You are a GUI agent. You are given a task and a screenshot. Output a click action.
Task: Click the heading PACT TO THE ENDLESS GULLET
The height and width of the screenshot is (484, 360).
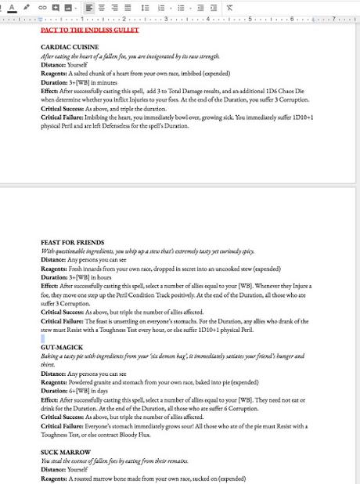[89, 31]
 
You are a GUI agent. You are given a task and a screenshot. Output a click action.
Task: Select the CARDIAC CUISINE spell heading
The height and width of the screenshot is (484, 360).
[70, 48]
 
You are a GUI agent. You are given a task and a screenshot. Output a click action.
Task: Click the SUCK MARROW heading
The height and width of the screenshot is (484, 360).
[65, 453]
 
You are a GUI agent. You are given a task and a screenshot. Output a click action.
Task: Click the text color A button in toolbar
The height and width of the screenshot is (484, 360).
[12, 7]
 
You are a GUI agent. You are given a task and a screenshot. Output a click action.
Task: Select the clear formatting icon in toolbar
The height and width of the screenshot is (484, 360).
[229, 7]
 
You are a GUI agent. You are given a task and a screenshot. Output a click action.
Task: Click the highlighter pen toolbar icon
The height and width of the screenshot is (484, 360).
[27, 7]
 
